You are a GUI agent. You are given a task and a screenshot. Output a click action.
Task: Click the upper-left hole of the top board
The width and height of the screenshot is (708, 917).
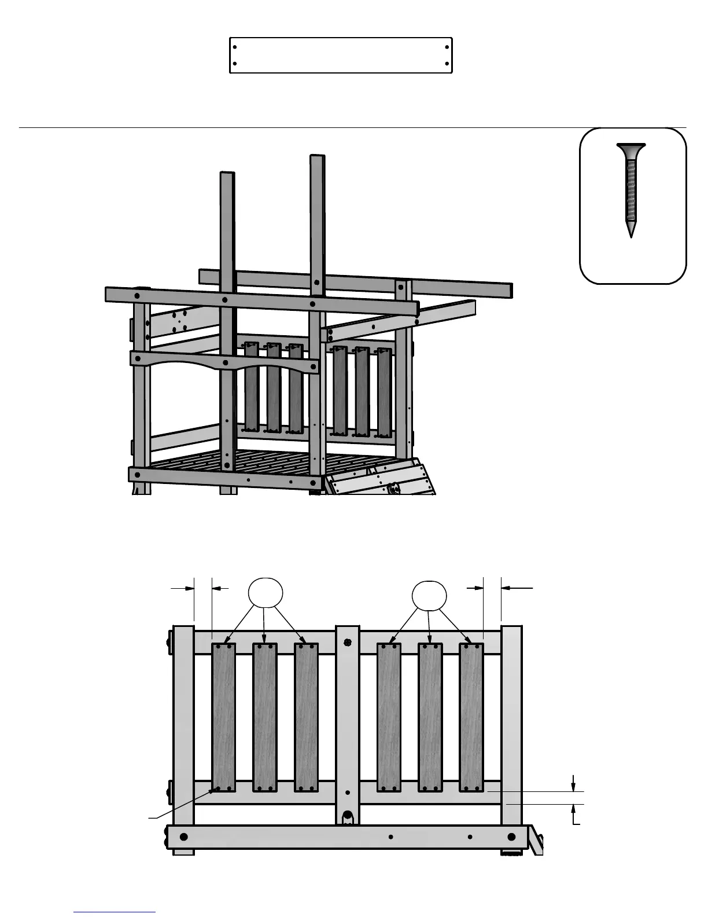[234, 47]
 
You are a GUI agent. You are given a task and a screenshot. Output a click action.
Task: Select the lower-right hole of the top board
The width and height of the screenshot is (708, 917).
[447, 64]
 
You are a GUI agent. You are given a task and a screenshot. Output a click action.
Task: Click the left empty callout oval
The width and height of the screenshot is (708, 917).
[265, 593]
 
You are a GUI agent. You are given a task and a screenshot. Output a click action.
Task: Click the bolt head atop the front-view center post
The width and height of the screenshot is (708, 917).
[347, 642]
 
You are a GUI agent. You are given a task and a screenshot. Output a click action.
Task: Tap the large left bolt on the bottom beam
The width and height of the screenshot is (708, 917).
[184, 837]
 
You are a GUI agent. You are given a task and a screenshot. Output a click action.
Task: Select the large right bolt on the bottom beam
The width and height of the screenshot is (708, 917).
[511, 837]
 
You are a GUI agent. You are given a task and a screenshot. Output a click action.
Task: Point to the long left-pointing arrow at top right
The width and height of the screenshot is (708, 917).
[517, 588]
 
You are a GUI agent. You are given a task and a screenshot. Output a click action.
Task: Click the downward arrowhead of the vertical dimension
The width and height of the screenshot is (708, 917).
[573, 786]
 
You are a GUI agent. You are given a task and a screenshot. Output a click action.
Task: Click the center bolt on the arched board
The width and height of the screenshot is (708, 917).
[226, 363]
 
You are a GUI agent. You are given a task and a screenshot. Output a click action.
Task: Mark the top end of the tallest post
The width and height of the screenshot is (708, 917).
[317, 156]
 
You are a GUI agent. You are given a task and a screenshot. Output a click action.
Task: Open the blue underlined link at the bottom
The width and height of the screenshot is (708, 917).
[115, 912]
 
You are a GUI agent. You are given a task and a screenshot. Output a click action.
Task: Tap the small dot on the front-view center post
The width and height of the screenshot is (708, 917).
[347, 793]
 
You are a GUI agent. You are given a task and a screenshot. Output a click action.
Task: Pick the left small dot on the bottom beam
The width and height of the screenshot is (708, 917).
[391, 837]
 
